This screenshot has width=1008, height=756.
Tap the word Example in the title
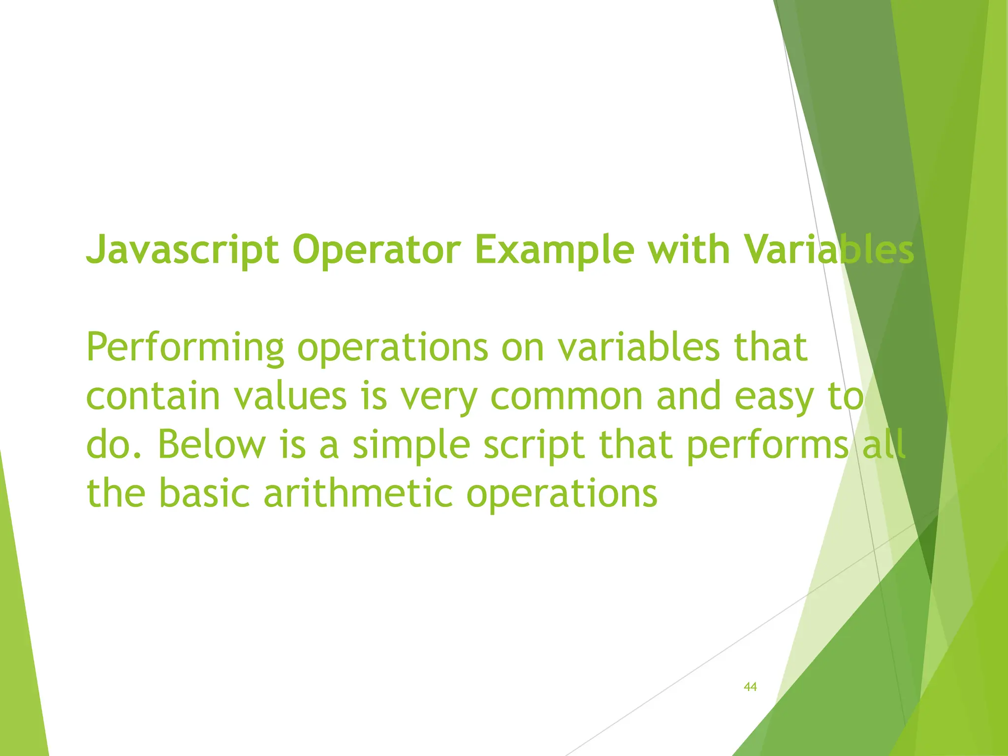click(x=554, y=250)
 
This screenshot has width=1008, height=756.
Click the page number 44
click(x=750, y=687)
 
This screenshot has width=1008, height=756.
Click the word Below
click(x=212, y=444)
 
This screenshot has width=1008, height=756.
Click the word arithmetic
click(x=358, y=494)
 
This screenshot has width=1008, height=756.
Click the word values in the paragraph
click(x=290, y=396)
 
